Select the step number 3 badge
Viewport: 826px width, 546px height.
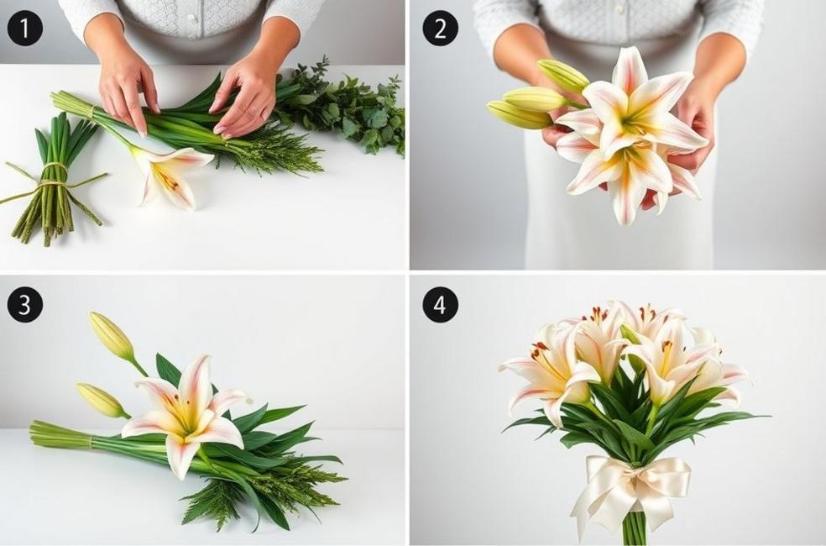coord(24,304)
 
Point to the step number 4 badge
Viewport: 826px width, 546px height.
coord(440,304)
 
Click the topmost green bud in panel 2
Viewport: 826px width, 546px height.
coord(563,76)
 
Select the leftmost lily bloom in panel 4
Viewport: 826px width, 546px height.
coord(546,370)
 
